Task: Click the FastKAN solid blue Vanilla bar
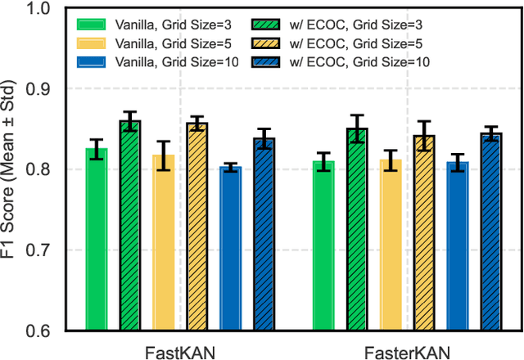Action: click(x=231, y=249)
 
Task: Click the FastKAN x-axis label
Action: click(x=180, y=349)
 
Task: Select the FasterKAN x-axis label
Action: click(x=407, y=349)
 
